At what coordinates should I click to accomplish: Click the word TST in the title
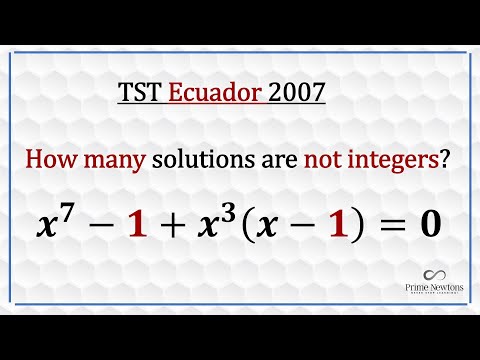(x=135, y=95)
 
